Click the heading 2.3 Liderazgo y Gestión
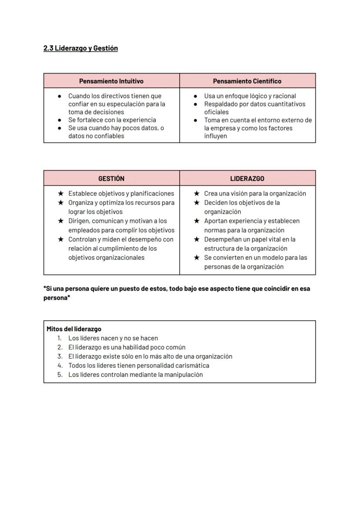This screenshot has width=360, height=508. pyautogui.click(x=80, y=48)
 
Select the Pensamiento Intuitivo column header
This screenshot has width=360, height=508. pyautogui.click(x=111, y=81)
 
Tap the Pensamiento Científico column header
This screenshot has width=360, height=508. pyautogui.click(x=247, y=81)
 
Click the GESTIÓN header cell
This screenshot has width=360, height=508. pyautogui.click(x=111, y=179)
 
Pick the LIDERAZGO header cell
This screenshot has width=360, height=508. pyautogui.click(x=247, y=179)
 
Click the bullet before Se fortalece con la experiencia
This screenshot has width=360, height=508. pyautogui.click(x=60, y=120)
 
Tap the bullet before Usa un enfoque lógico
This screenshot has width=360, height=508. pyautogui.click(x=196, y=96)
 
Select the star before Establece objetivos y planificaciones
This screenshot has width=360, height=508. pyautogui.click(x=61, y=193)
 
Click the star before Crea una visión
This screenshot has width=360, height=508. pyautogui.click(x=197, y=193)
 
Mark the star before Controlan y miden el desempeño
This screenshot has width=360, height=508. pyautogui.click(x=61, y=239)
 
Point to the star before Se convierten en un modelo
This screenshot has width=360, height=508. pyautogui.click(x=197, y=257)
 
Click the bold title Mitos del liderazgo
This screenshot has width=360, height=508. pyautogui.click(x=74, y=329)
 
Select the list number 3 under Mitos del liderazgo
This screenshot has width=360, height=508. pyautogui.click(x=60, y=356)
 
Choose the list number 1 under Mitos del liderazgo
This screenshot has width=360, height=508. pyautogui.click(x=60, y=338)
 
